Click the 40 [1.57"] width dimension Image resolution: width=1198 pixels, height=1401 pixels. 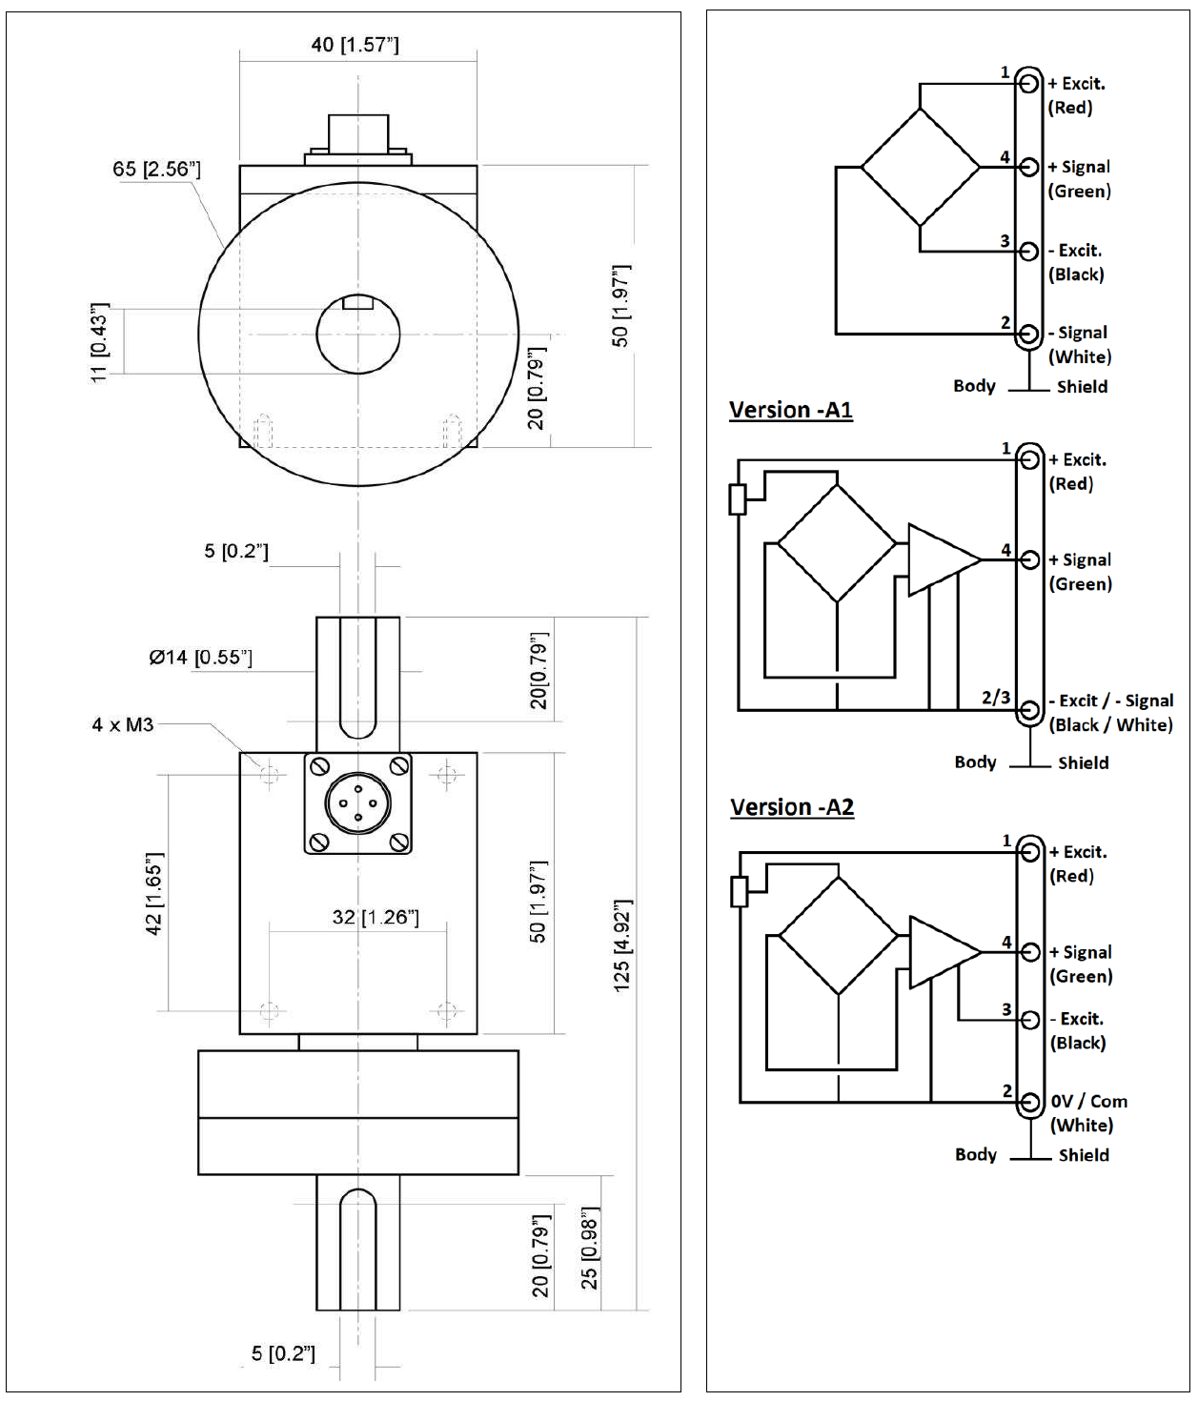355,45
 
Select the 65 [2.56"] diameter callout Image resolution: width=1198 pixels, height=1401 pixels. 156,169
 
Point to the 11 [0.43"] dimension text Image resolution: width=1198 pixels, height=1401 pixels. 100,342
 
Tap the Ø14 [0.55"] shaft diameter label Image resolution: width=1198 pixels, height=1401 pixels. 201,657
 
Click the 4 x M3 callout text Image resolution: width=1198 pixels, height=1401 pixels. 123,724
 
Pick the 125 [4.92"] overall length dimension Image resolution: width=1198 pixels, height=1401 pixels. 621,945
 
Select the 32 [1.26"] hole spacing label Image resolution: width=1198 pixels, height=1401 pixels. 376,917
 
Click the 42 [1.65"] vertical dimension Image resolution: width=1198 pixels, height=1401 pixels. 154,893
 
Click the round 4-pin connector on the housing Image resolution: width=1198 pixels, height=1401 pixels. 358,803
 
